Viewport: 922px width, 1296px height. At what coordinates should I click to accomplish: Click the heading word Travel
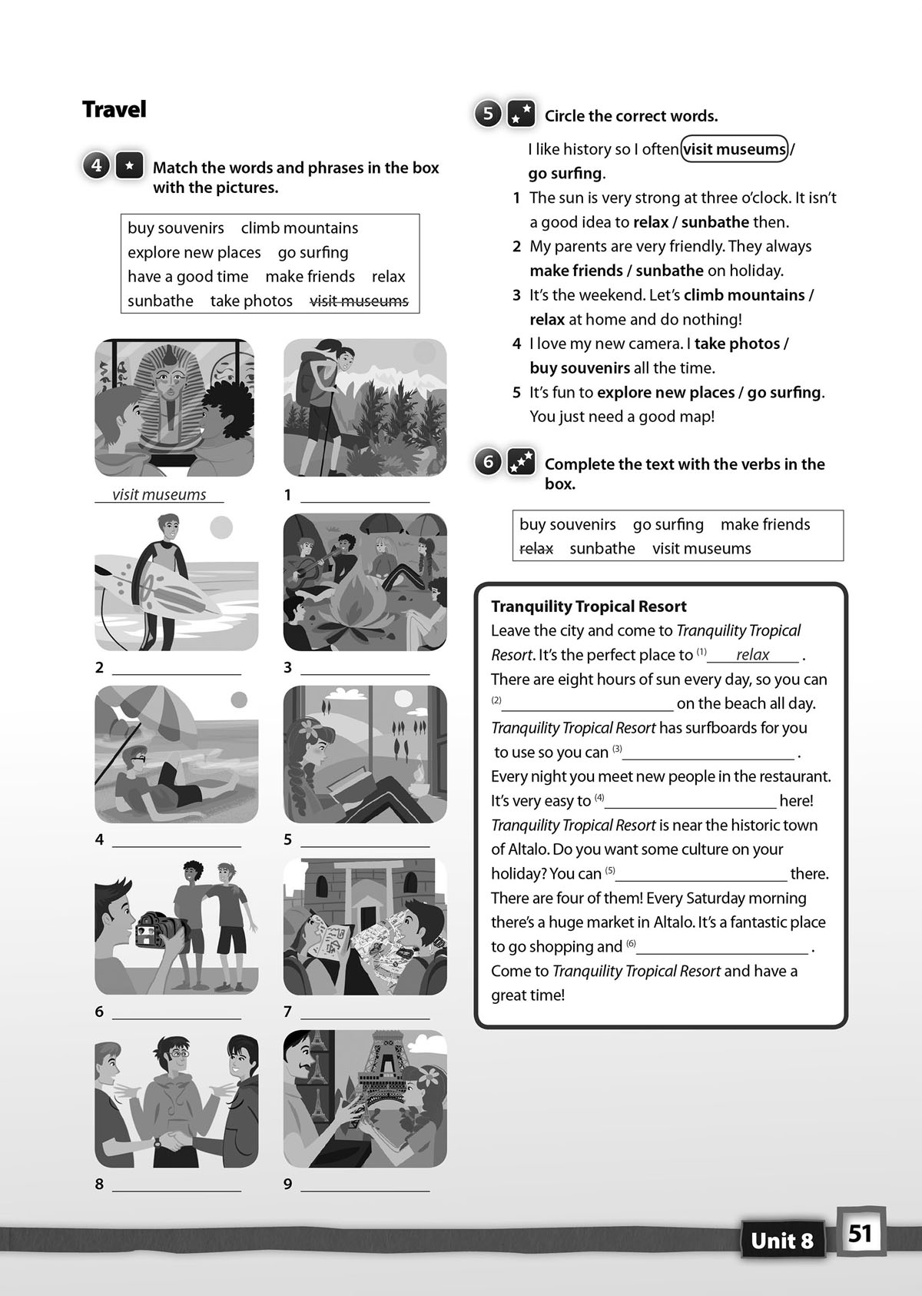click(114, 109)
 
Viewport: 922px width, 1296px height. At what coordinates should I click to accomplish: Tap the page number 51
click(860, 1234)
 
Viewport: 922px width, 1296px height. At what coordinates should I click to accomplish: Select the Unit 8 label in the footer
click(781, 1241)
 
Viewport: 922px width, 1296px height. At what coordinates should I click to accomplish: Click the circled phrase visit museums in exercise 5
click(735, 149)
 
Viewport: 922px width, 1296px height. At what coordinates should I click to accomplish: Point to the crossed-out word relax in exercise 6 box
click(536, 549)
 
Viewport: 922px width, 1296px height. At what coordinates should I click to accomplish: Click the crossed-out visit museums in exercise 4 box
click(360, 301)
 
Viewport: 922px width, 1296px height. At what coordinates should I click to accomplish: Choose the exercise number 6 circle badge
click(489, 462)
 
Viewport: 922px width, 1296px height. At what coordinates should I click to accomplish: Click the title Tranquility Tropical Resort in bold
click(589, 606)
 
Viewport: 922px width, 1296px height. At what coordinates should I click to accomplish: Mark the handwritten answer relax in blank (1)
click(752, 654)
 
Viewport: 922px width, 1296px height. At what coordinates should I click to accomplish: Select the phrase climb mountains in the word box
click(300, 228)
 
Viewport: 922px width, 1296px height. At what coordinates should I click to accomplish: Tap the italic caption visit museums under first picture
click(159, 495)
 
